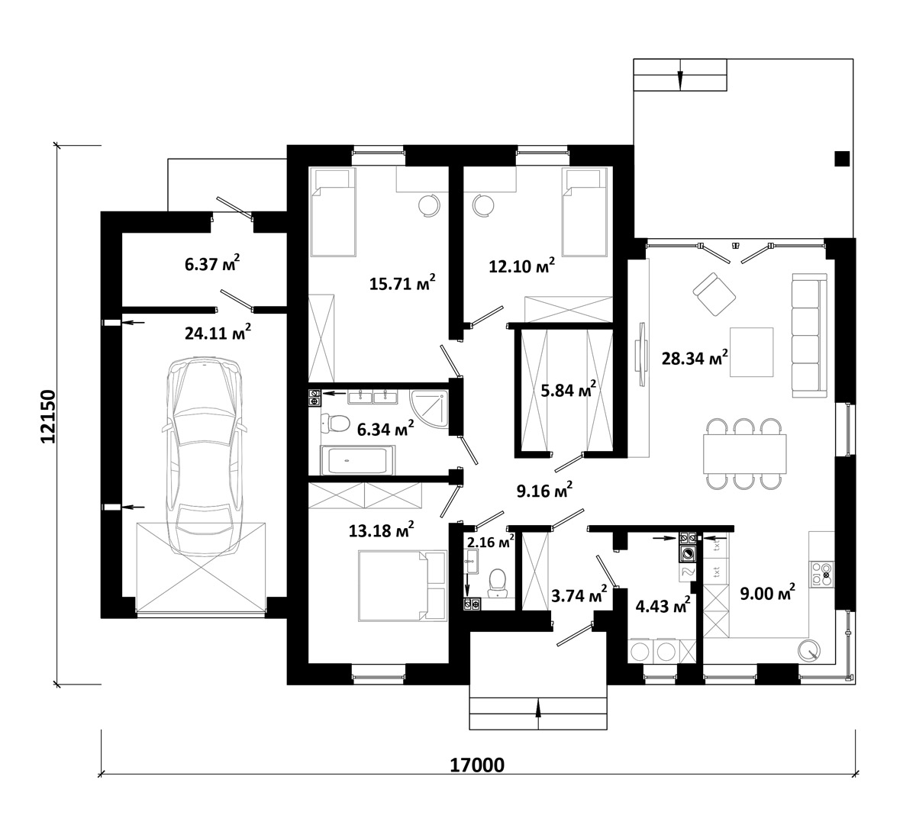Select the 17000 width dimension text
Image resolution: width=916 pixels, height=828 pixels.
pos(478,765)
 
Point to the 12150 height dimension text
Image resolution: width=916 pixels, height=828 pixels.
pos(47,416)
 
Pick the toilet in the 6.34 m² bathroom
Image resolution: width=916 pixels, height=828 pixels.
pos(334,422)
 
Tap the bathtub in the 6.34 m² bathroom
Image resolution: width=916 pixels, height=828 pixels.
pos(357,461)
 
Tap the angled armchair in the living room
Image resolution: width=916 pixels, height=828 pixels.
pos(714,293)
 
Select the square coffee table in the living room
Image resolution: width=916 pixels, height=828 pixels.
pos(751,352)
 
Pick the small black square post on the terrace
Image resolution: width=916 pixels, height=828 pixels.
pos(841,159)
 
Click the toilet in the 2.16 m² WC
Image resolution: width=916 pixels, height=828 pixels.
pos(498,582)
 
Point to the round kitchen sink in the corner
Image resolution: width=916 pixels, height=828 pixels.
pos(808,650)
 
